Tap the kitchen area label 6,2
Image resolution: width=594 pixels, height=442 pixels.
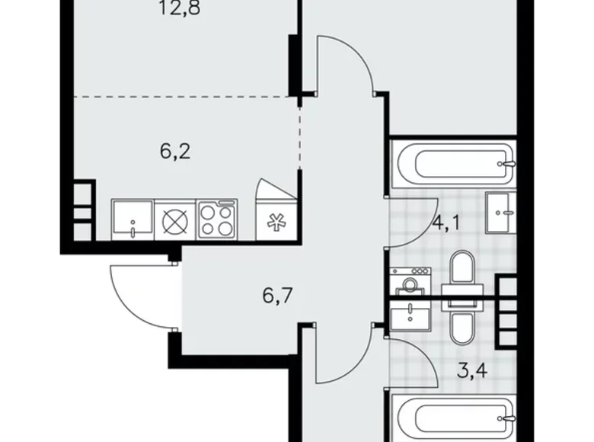pyautogui.click(x=174, y=151)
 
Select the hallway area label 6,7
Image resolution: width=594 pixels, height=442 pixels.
pyautogui.click(x=278, y=293)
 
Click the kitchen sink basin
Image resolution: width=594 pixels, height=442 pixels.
pyautogui.click(x=133, y=219)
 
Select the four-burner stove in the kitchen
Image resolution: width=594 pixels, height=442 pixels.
pyautogui.click(x=217, y=219)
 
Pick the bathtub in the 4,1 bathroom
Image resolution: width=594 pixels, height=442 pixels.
pyautogui.click(x=454, y=162)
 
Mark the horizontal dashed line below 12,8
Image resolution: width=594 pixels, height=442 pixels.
pyautogui.click(x=183, y=97)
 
